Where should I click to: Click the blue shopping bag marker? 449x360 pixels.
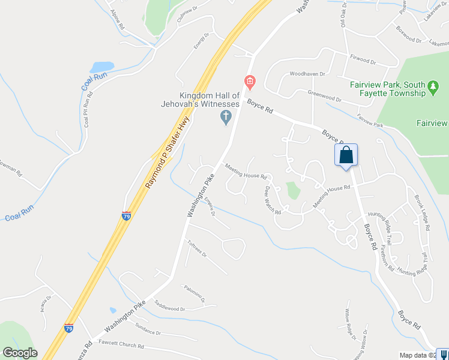[x=346, y=155]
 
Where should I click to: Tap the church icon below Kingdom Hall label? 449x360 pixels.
[x=226, y=118]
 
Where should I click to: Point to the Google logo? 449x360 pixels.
[x=20, y=353]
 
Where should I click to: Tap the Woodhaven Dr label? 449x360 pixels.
[x=307, y=74]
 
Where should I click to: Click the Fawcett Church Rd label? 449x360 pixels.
[x=123, y=346]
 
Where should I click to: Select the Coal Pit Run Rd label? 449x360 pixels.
[x=88, y=110]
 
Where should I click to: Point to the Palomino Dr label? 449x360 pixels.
[x=194, y=294]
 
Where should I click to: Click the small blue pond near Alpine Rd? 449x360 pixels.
[x=101, y=67]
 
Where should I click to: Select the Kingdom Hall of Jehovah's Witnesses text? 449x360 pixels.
[x=209, y=100]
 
